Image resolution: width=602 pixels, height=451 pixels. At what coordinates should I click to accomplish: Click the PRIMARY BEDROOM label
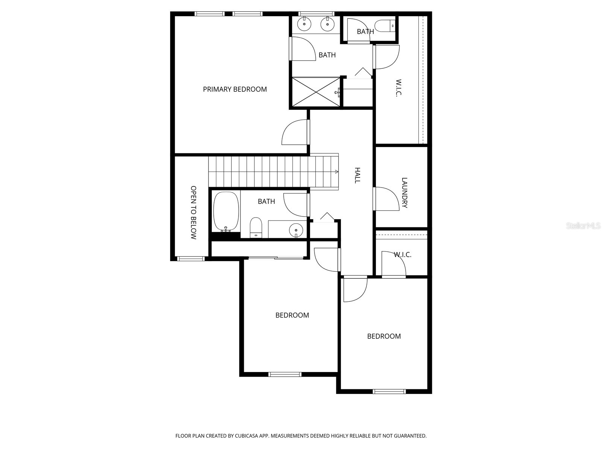235,89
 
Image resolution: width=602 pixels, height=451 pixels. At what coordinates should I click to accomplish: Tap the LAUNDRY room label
404,193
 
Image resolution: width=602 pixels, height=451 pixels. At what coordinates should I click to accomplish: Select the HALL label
357,176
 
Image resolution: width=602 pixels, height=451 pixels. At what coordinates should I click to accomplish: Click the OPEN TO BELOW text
193,212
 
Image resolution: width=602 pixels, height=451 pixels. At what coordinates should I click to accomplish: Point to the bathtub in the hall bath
226,212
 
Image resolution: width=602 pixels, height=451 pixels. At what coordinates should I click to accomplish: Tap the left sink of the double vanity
304,25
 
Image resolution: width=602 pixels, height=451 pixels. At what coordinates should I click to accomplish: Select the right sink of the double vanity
327,25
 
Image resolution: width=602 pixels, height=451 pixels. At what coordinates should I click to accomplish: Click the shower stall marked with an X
315,92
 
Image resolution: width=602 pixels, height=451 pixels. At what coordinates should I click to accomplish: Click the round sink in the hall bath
296,229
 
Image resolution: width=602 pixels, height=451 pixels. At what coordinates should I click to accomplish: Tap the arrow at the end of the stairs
336,171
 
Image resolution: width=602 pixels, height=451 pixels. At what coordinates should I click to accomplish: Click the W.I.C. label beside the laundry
402,255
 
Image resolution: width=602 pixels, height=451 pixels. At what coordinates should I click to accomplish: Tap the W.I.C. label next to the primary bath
399,88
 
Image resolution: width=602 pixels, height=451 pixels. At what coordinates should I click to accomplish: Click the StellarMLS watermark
583,226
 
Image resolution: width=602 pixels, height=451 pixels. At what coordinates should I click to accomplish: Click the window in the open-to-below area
191,259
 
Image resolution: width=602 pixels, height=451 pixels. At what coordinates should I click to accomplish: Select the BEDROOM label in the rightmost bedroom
384,336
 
